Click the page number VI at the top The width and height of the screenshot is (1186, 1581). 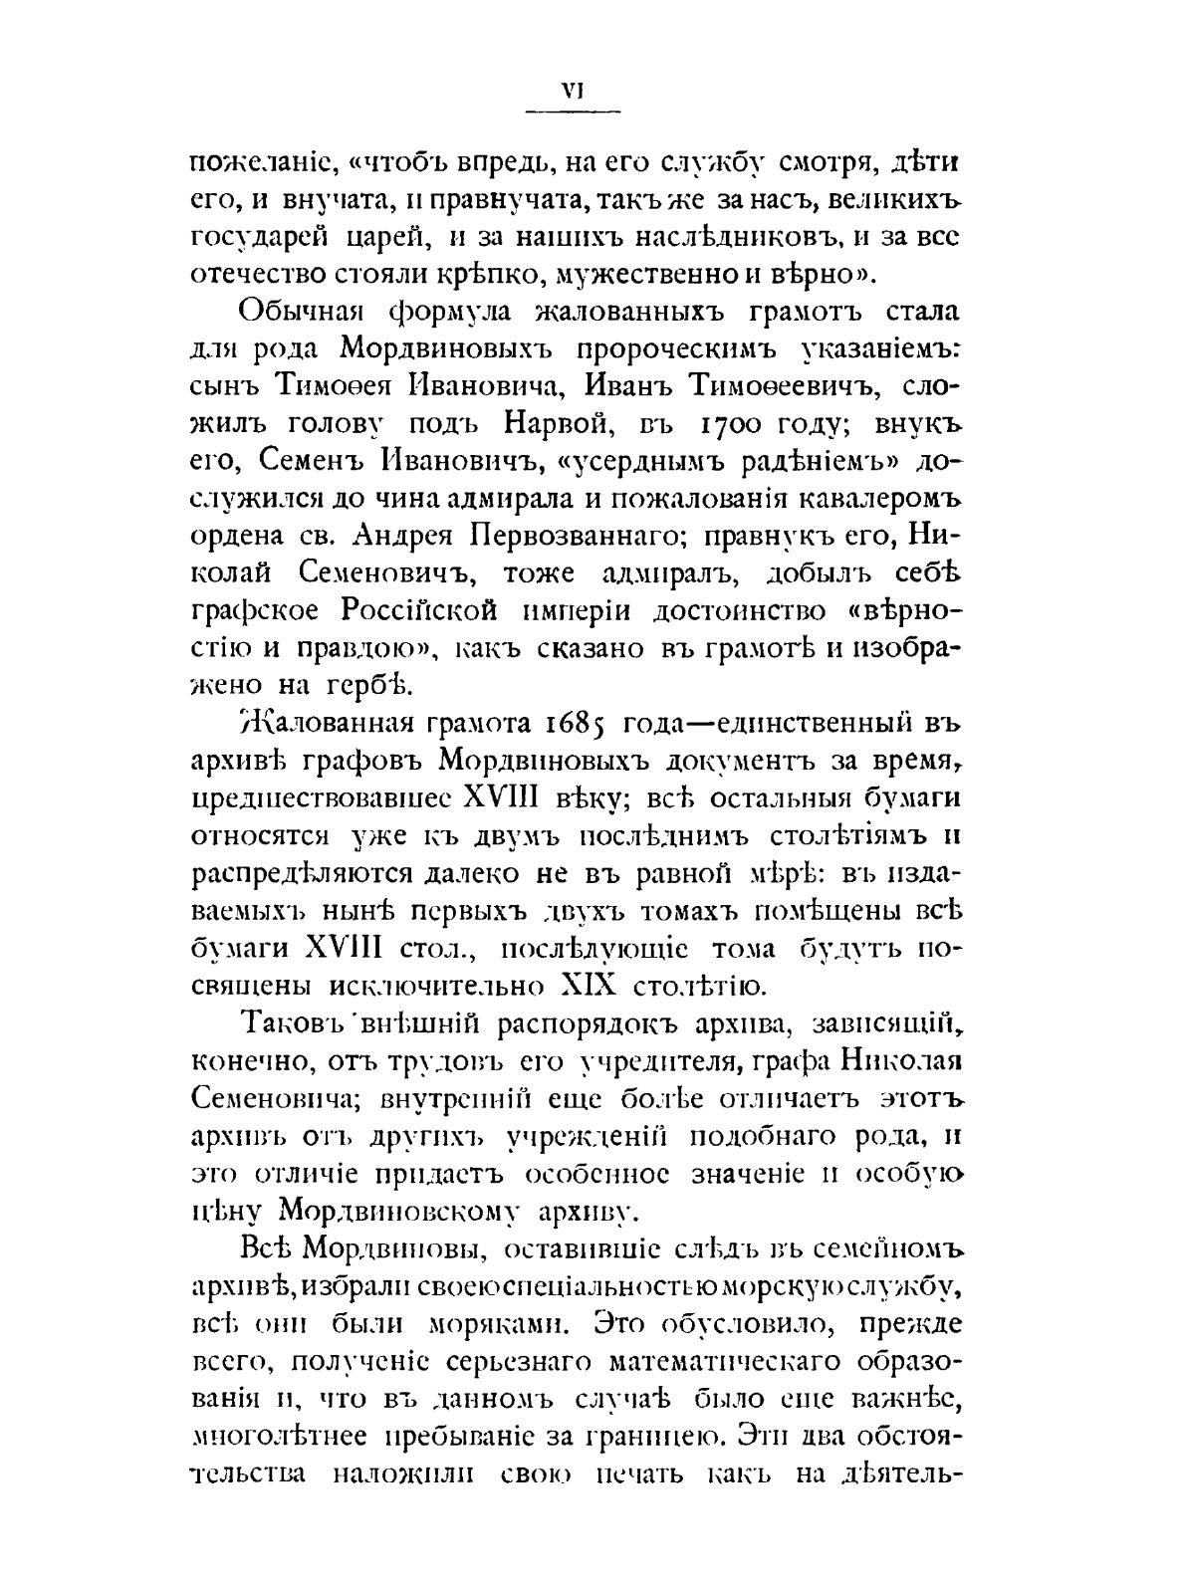(572, 91)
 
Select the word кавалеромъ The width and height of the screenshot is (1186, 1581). (861, 501)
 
